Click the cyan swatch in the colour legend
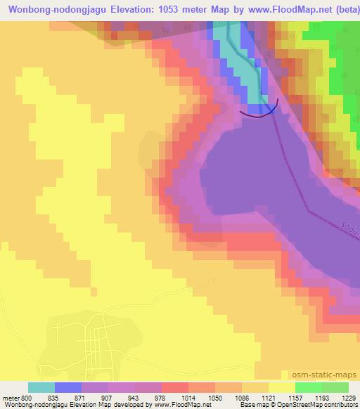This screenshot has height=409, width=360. [x=41, y=387]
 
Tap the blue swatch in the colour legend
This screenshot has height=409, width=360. [x=68, y=387]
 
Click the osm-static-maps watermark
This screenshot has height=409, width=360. [x=330, y=375]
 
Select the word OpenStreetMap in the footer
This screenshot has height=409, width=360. [x=304, y=405]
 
